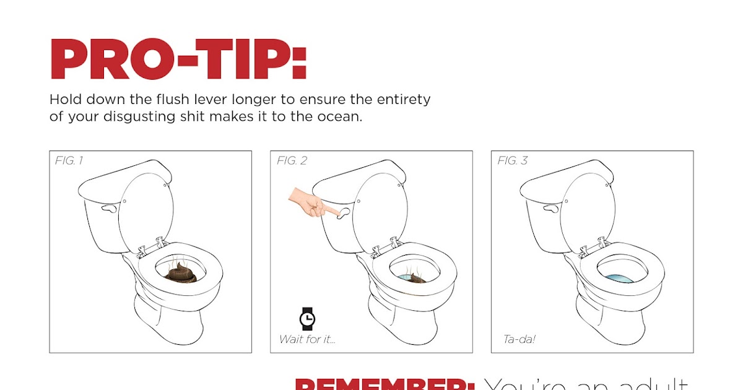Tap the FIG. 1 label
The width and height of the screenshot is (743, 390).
[69, 161]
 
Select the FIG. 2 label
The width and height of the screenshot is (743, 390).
[292, 161]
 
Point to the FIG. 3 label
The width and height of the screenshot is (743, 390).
[513, 161]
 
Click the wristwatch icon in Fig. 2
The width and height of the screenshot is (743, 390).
[306, 318]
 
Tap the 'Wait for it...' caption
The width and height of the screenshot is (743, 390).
[307, 339]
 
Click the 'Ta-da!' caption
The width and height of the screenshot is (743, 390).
[519, 339]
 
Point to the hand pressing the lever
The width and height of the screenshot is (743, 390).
[310, 203]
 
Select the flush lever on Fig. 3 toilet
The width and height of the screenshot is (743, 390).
[551, 209]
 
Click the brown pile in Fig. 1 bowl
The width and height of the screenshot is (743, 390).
[181, 272]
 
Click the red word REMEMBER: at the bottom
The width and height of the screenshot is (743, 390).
[384, 384]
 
